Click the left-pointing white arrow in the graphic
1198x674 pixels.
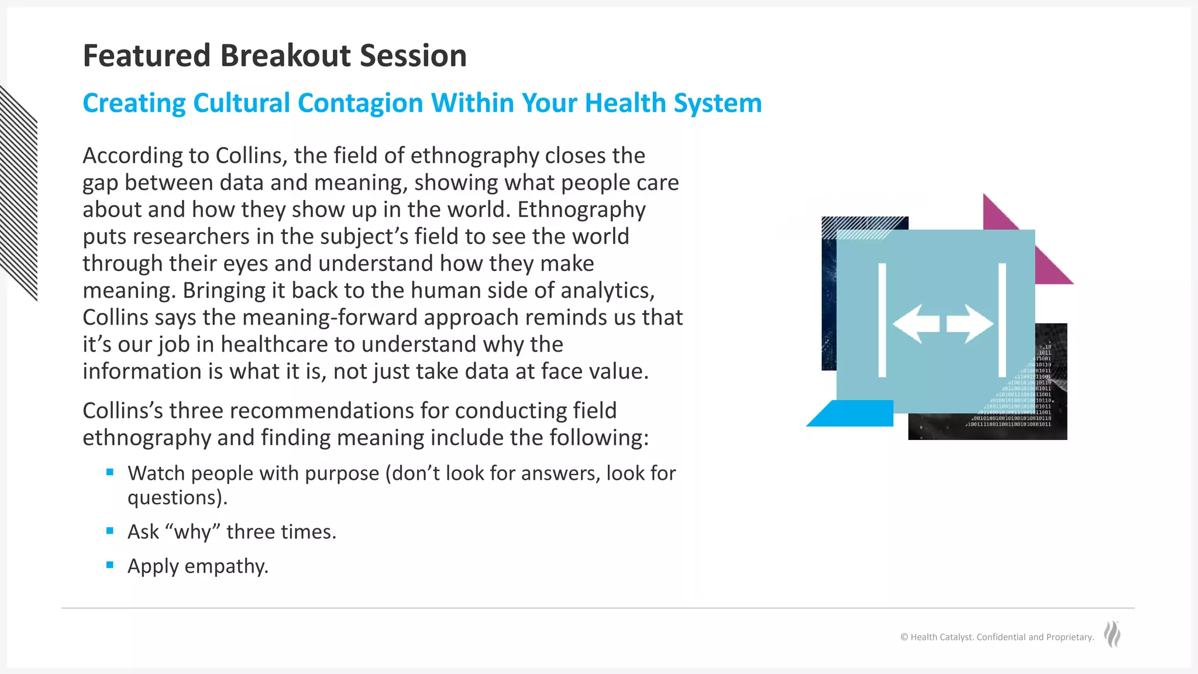(915, 324)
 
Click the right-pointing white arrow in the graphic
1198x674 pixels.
(970, 324)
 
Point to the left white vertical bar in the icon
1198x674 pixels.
(882, 320)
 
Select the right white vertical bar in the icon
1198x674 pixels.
(1002, 320)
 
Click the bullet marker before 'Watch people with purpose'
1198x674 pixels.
(110, 472)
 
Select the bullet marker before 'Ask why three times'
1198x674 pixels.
(110, 531)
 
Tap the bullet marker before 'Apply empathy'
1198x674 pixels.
(110, 565)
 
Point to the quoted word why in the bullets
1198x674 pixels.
(193, 532)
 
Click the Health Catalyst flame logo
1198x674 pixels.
(1112, 635)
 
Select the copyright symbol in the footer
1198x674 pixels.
(904, 637)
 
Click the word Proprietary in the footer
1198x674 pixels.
(1069, 637)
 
